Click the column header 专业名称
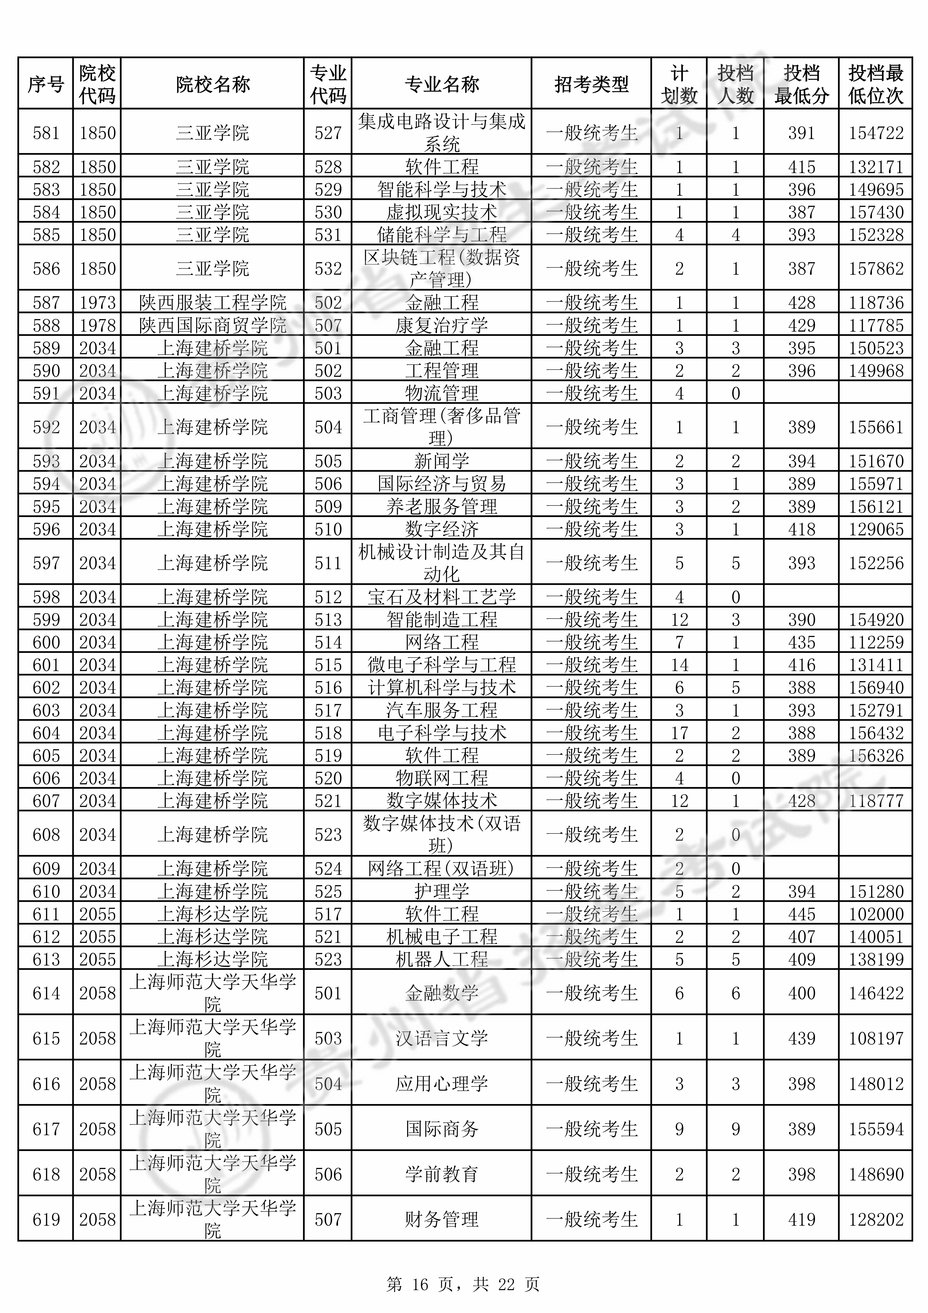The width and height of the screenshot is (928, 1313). click(x=441, y=85)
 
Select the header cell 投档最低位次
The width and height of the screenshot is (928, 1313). click(x=876, y=85)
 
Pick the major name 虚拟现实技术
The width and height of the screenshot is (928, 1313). click(x=441, y=212)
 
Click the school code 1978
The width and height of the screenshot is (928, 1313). click(x=97, y=325)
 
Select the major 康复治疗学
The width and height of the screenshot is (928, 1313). click(x=441, y=325)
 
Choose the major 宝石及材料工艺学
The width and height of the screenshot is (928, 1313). click(x=441, y=597)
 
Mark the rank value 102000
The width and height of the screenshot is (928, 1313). click(x=876, y=914)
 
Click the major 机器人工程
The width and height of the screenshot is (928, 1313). click(x=441, y=959)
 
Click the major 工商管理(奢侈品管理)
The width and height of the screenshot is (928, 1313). click(x=441, y=426)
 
